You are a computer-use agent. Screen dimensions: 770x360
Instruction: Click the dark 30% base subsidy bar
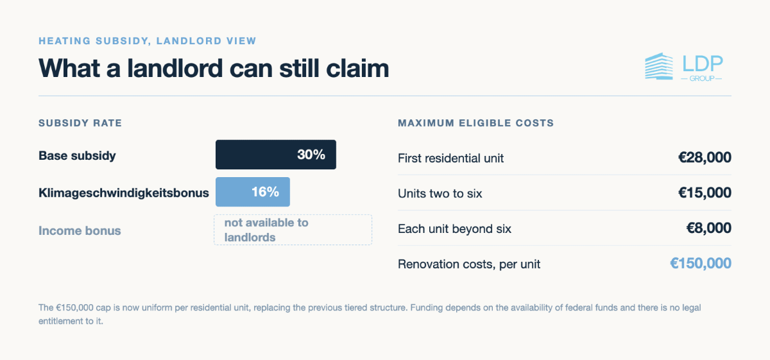pyautogui.click(x=276, y=155)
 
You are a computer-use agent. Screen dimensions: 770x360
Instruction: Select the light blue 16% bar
pyautogui.click(x=253, y=192)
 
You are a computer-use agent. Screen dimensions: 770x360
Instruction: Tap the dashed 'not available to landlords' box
pyautogui.click(x=293, y=230)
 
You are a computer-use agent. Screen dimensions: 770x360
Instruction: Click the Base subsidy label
pyautogui.click(x=77, y=156)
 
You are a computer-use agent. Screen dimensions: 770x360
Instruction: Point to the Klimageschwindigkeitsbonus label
pyautogui.click(x=124, y=193)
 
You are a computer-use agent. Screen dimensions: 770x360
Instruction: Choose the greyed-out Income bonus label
pyautogui.click(x=80, y=230)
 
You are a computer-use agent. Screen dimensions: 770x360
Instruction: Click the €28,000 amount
pyautogui.click(x=705, y=157)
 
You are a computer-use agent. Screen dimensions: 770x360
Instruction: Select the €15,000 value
pyautogui.click(x=705, y=193)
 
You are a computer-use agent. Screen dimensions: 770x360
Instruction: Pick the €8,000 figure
pyautogui.click(x=709, y=228)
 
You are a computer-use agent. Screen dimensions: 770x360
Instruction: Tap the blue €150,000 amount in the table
pyautogui.click(x=701, y=263)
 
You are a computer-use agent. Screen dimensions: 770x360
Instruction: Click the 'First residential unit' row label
pyautogui.click(x=450, y=158)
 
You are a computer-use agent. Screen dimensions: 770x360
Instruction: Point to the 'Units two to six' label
pyautogui.click(x=440, y=194)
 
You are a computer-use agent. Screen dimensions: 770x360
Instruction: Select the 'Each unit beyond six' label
pyautogui.click(x=454, y=228)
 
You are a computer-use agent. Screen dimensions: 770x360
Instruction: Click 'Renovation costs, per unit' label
pyautogui.click(x=469, y=264)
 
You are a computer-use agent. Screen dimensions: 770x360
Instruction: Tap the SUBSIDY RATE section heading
pyautogui.click(x=80, y=123)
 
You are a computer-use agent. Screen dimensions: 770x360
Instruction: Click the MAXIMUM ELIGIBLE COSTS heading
pyautogui.click(x=475, y=123)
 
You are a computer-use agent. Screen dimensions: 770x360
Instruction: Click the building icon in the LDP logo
pyautogui.click(x=659, y=66)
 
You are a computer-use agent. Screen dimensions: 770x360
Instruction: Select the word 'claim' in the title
pyautogui.click(x=357, y=68)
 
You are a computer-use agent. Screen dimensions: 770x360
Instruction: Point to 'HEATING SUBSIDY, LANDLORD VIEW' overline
pyautogui.click(x=148, y=41)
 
